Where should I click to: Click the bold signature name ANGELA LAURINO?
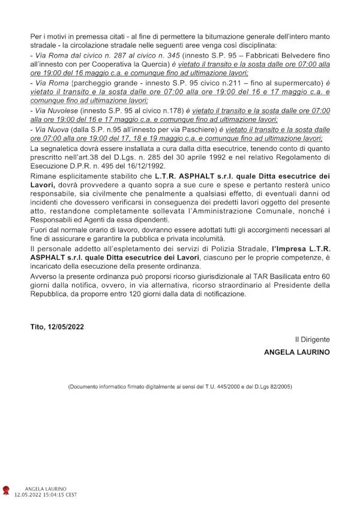(297, 353)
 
